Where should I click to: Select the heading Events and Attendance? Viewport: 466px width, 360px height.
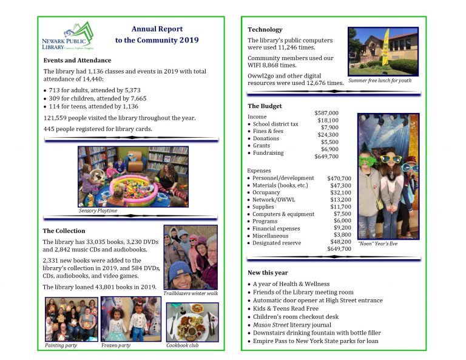[77, 61]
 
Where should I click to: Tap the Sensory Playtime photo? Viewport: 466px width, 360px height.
[133, 177]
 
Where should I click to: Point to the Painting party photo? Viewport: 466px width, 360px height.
[71, 319]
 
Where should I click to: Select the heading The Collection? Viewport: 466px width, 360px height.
[64, 231]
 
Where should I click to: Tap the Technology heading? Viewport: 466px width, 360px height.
[265, 30]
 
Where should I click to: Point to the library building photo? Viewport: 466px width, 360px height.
[383, 51]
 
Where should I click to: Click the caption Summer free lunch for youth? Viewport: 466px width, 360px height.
[379, 81]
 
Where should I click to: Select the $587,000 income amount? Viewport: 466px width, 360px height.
[326, 113]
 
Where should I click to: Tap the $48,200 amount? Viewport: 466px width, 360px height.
[339, 241]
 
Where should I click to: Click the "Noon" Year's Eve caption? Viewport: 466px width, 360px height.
[377, 243]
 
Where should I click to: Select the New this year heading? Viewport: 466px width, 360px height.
[268, 273]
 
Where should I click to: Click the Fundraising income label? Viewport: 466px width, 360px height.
[268, 153]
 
